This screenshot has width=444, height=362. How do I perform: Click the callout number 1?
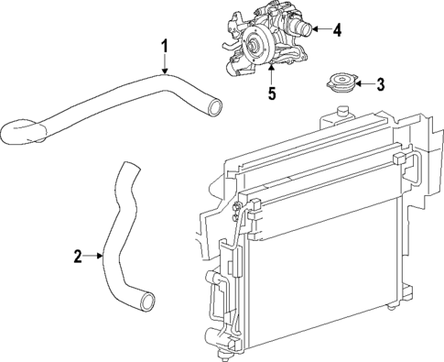click(x=166, y=46)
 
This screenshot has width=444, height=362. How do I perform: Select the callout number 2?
click(x=78, y=256)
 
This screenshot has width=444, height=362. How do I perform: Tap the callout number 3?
click(x=380, y=84)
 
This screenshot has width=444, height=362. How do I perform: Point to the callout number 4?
click(x=336, y=30)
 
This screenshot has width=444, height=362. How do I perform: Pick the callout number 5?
click(x=271, y=92)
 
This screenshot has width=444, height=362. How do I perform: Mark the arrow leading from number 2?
click(x=95, y=256)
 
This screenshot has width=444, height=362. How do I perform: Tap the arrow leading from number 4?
click(x=319, y=30)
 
